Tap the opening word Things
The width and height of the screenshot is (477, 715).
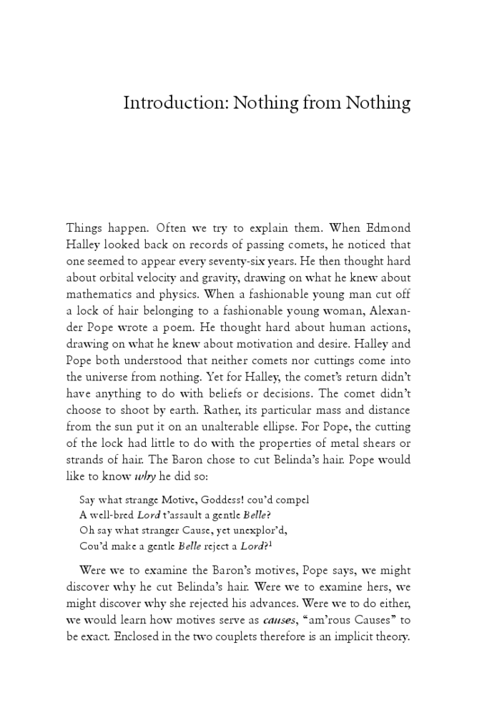(x=85, y=229)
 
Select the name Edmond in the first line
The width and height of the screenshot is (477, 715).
(x=387, y=229)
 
